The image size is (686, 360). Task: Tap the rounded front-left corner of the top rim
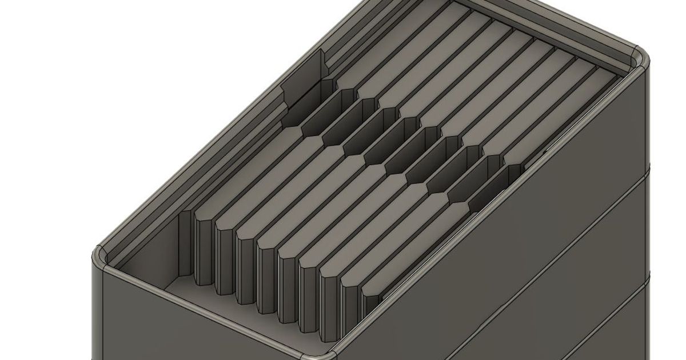pos(101,256)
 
